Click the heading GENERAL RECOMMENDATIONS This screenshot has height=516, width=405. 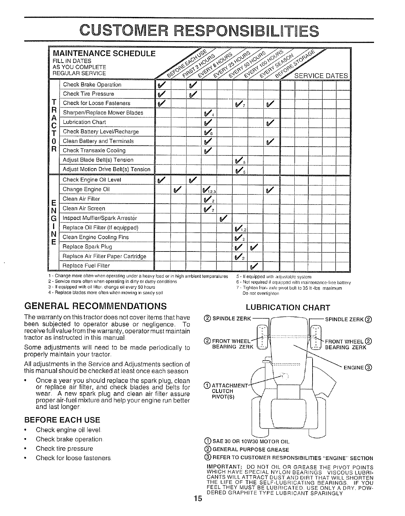(95, 306)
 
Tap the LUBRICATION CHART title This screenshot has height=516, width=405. (288, 308)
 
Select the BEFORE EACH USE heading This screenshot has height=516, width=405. (62, 420)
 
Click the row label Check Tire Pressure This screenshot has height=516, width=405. (89, 94)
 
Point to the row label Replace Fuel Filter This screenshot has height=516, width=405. (86, 266)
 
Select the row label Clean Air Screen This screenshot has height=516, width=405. (84, 208)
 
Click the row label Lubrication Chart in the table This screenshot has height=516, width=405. (84, 122)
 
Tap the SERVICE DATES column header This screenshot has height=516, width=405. (321, 76)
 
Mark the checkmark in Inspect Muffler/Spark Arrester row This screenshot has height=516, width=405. (224, 218)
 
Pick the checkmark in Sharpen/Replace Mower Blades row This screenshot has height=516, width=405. (208, 113)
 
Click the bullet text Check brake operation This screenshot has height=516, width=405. (69, 439)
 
